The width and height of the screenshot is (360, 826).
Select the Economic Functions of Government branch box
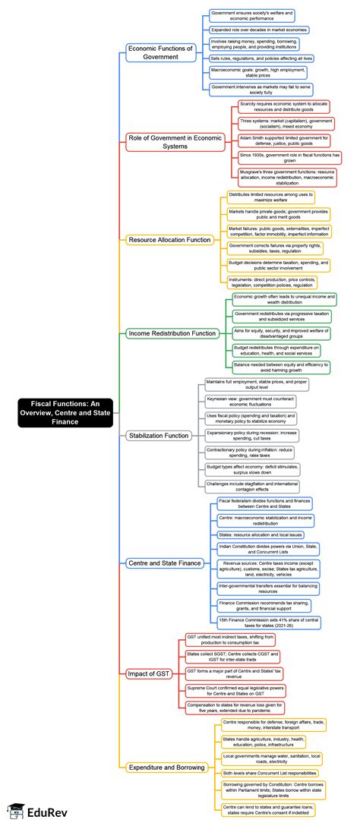tap(160, 52)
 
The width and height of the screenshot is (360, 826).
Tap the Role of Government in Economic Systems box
tap(165, 141)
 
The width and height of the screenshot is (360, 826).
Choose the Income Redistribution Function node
tap(172, 333)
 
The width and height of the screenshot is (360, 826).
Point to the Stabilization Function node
tap(158, 436)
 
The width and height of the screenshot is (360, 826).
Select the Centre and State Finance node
tap(164, 563)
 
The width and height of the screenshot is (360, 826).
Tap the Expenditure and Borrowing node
tap(167, 768)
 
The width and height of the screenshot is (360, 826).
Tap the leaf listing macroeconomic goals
tap(251, 72)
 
